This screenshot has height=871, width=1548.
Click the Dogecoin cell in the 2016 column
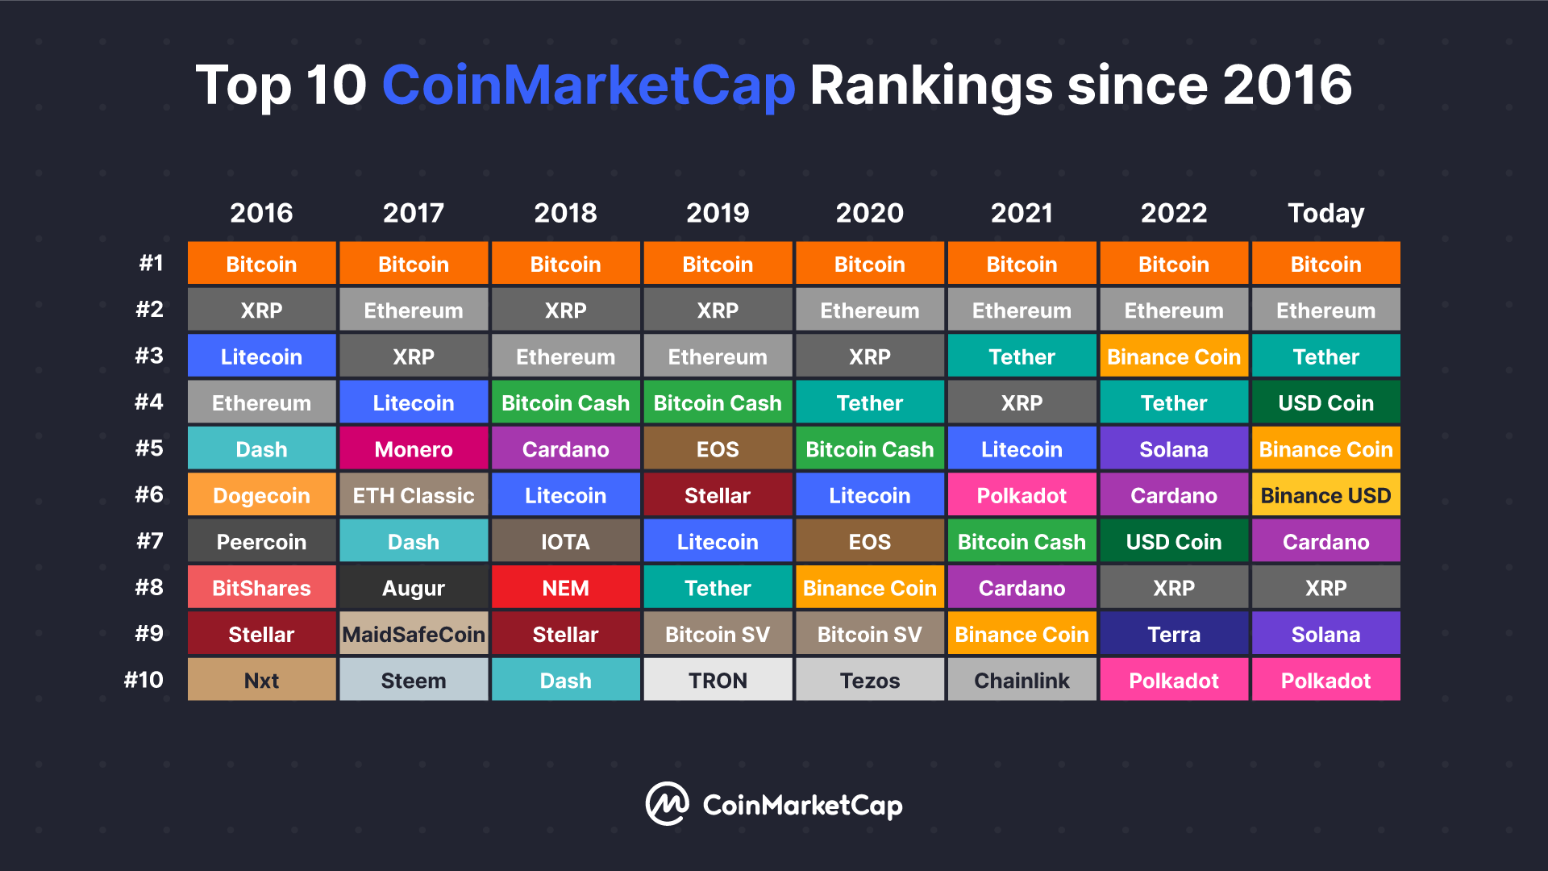pos(261,494)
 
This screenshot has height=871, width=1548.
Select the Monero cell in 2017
pos(414,448)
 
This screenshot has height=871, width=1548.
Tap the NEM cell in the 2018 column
pos(565,587)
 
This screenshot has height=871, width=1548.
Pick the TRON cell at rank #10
pos(718,680)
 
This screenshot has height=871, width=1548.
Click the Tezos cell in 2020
pos(870,680)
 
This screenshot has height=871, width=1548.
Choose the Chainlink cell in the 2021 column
pos(1022,680)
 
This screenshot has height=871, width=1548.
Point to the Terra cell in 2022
pos(1174,633)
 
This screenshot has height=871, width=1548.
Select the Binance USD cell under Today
pos(1326,494)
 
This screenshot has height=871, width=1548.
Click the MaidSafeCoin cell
pos(414,633)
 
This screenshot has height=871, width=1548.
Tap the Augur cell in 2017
pos(414,587)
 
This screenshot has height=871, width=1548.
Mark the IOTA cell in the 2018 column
pos(565,541)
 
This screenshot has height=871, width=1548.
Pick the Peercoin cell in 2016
pos(261,541)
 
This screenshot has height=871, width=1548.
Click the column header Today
pos(1326,213)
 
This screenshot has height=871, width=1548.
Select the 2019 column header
pos(718,213)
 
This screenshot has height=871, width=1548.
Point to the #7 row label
pos(150,540)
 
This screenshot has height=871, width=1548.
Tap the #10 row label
pos(144,680)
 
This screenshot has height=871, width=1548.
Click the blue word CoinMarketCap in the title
pos(589,85)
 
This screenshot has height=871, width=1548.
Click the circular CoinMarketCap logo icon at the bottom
pos(667,803)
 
